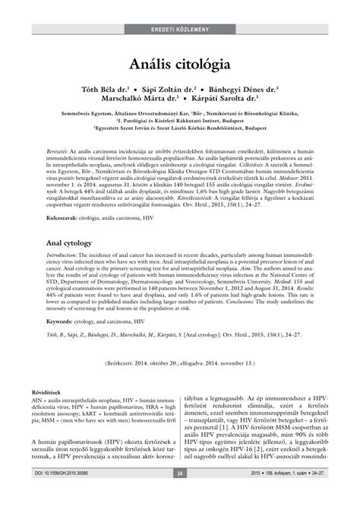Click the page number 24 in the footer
(x=180, y=495)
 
